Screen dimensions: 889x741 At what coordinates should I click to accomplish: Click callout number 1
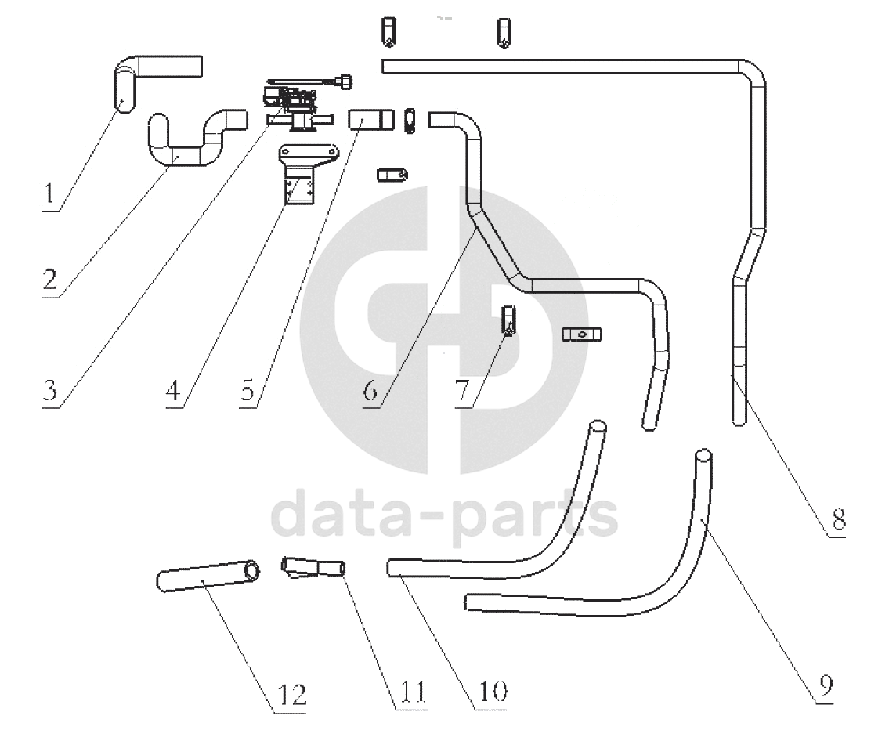49,193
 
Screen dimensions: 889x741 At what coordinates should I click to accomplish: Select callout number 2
50,279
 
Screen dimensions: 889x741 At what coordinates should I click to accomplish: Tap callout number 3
50,390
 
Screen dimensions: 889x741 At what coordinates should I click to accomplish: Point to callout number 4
173,390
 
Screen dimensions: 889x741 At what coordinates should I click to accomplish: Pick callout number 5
248,390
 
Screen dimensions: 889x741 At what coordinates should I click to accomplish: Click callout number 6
370,390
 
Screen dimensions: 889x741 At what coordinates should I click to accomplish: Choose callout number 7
463,390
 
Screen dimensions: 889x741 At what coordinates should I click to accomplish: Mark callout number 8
839,519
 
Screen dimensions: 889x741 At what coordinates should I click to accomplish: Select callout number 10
493,691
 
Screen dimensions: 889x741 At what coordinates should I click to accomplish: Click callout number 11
413,691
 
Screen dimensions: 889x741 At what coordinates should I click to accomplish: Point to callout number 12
292,695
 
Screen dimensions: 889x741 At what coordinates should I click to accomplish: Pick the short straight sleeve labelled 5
370,120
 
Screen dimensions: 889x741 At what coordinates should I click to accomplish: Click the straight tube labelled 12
208,576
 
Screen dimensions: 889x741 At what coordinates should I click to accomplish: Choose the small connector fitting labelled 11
313,568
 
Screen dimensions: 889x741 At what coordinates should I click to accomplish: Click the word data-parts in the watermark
444,514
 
